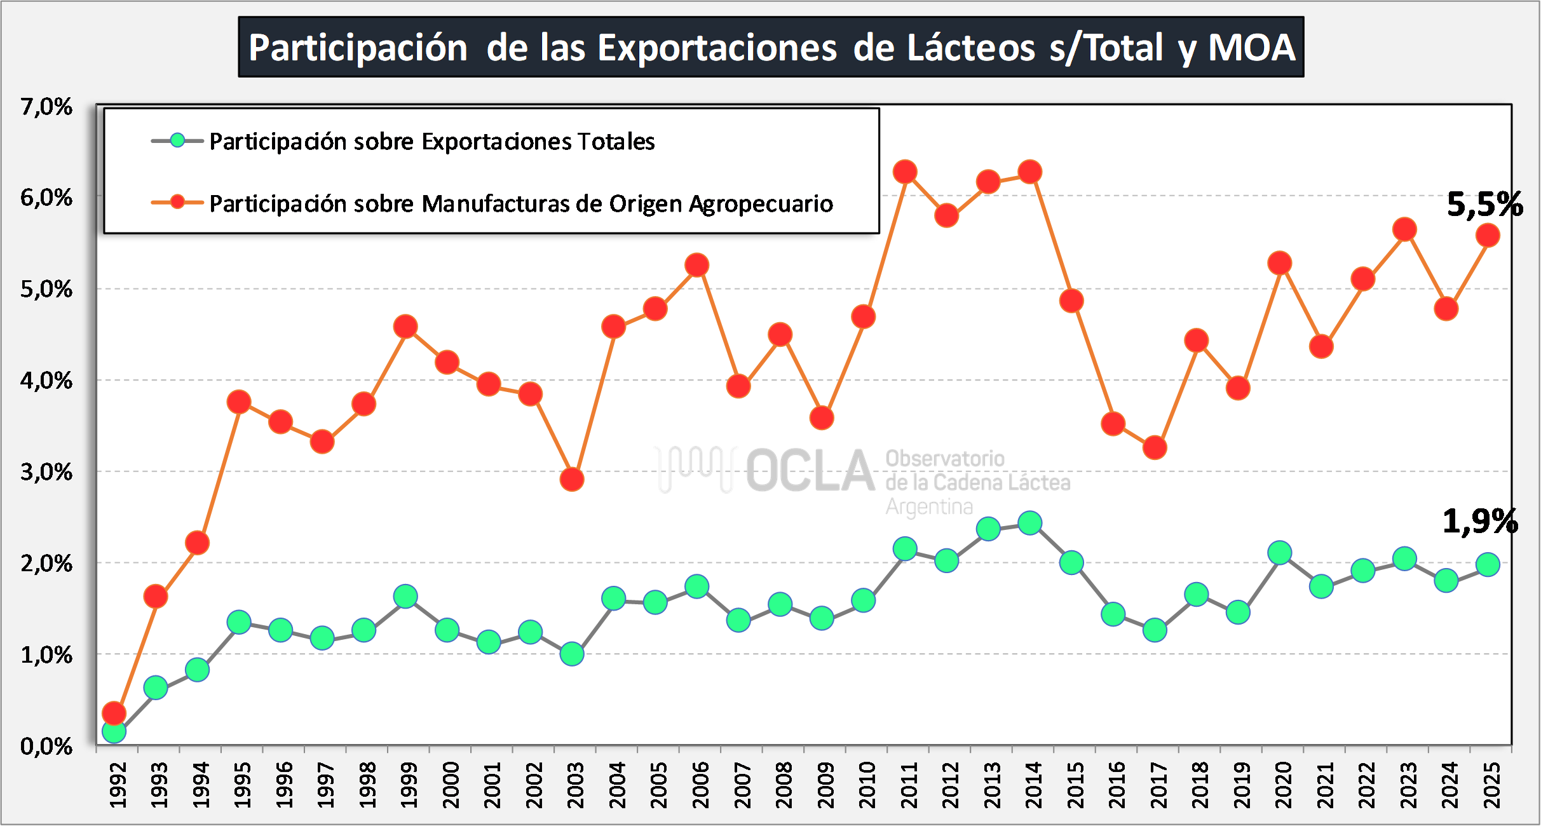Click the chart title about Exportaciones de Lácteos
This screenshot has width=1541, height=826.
pos(771,48)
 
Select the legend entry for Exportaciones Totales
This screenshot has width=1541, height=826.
pos(431,141)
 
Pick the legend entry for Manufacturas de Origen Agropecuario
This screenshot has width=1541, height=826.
pos(520,203)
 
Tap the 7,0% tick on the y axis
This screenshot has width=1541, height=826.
pos(46,107)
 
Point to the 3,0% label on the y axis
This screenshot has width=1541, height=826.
pos(46,472)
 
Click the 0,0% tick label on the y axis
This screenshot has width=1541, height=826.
pos(46,746)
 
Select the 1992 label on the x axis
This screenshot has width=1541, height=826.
pos(118,785)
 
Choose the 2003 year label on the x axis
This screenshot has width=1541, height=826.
pos(576,785)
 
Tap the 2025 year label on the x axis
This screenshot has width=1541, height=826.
pos(1491,785)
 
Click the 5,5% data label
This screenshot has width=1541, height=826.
pos(1484,205)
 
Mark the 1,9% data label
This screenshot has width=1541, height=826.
pos(1480,522)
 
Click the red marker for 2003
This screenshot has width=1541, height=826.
pos(572,479)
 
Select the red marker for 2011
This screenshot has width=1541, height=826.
pos(905,172)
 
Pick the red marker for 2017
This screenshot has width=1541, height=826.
pos(1155,448)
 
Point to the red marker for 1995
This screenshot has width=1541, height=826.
pos(239,402)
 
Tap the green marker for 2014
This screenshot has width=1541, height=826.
pos(1029,523)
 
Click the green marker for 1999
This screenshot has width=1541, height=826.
pos(405,596)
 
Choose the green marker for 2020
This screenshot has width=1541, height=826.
pos(1280,553)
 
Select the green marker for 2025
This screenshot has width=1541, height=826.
pos(1488,564)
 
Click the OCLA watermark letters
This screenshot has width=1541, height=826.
pos(810,471)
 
